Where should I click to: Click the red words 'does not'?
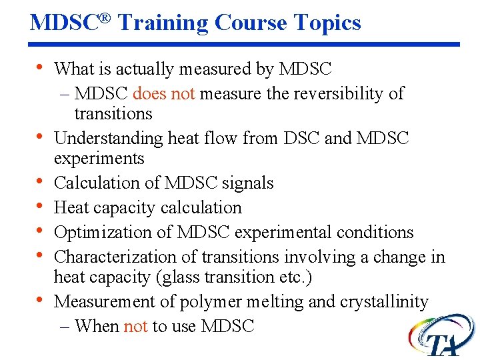click(x=163, y=93)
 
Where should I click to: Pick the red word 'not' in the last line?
click(x=135, y=326)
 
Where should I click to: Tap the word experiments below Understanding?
click(x=99, y=159)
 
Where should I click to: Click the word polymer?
click(x=212, y=302)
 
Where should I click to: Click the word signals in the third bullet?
click(x=249, y=183)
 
